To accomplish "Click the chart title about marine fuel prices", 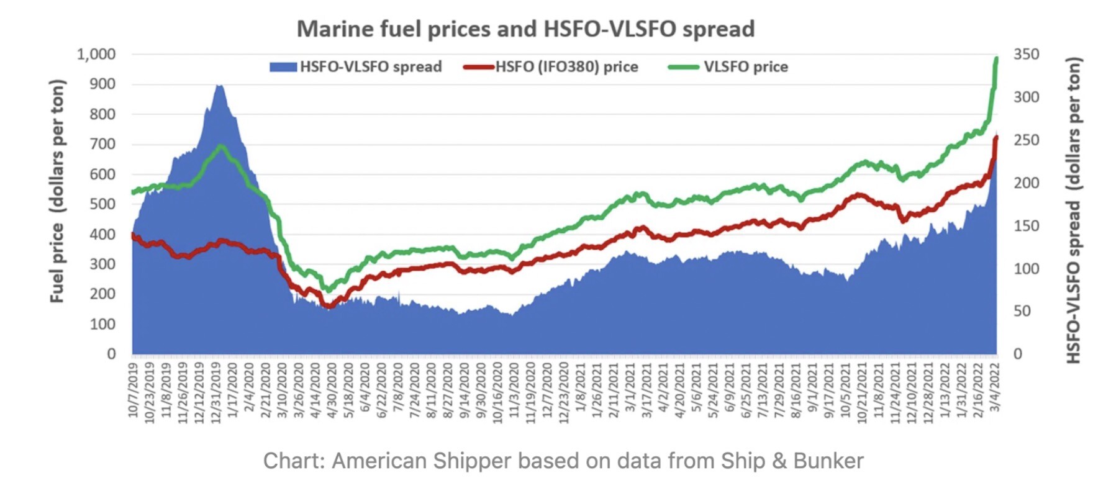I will (525, 29).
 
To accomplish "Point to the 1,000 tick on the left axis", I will (96, 55).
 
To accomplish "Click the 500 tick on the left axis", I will (102, 204).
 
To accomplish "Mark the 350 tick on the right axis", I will (1026, 55).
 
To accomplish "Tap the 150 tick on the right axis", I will (1026, 226).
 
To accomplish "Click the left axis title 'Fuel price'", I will (57, 191).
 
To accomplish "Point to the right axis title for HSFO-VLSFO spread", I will (1073, 210).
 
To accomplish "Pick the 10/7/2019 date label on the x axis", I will (134, 390).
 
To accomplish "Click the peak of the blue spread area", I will (219, 86).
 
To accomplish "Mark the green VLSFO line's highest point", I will (996, 59).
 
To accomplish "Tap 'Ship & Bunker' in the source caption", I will (792, 461).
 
